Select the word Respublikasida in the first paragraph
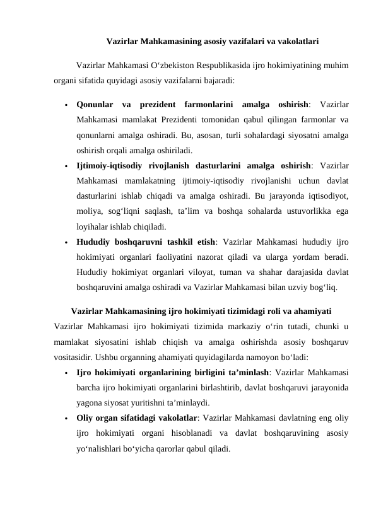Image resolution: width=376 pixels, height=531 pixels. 214,64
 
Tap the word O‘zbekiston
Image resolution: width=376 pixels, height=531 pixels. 162,64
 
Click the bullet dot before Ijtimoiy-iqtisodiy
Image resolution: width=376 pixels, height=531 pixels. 66,166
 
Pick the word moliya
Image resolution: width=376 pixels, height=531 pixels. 88,197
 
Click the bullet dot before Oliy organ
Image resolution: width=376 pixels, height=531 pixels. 66,419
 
